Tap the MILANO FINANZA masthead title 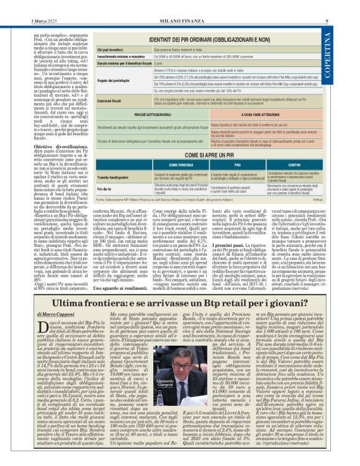pos(180,6)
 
